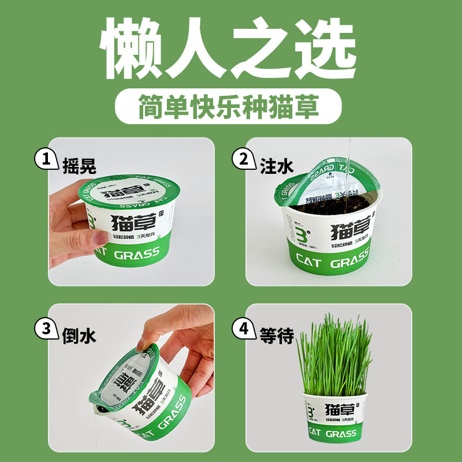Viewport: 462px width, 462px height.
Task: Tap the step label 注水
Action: pyautogui.click(x=275, y=166)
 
